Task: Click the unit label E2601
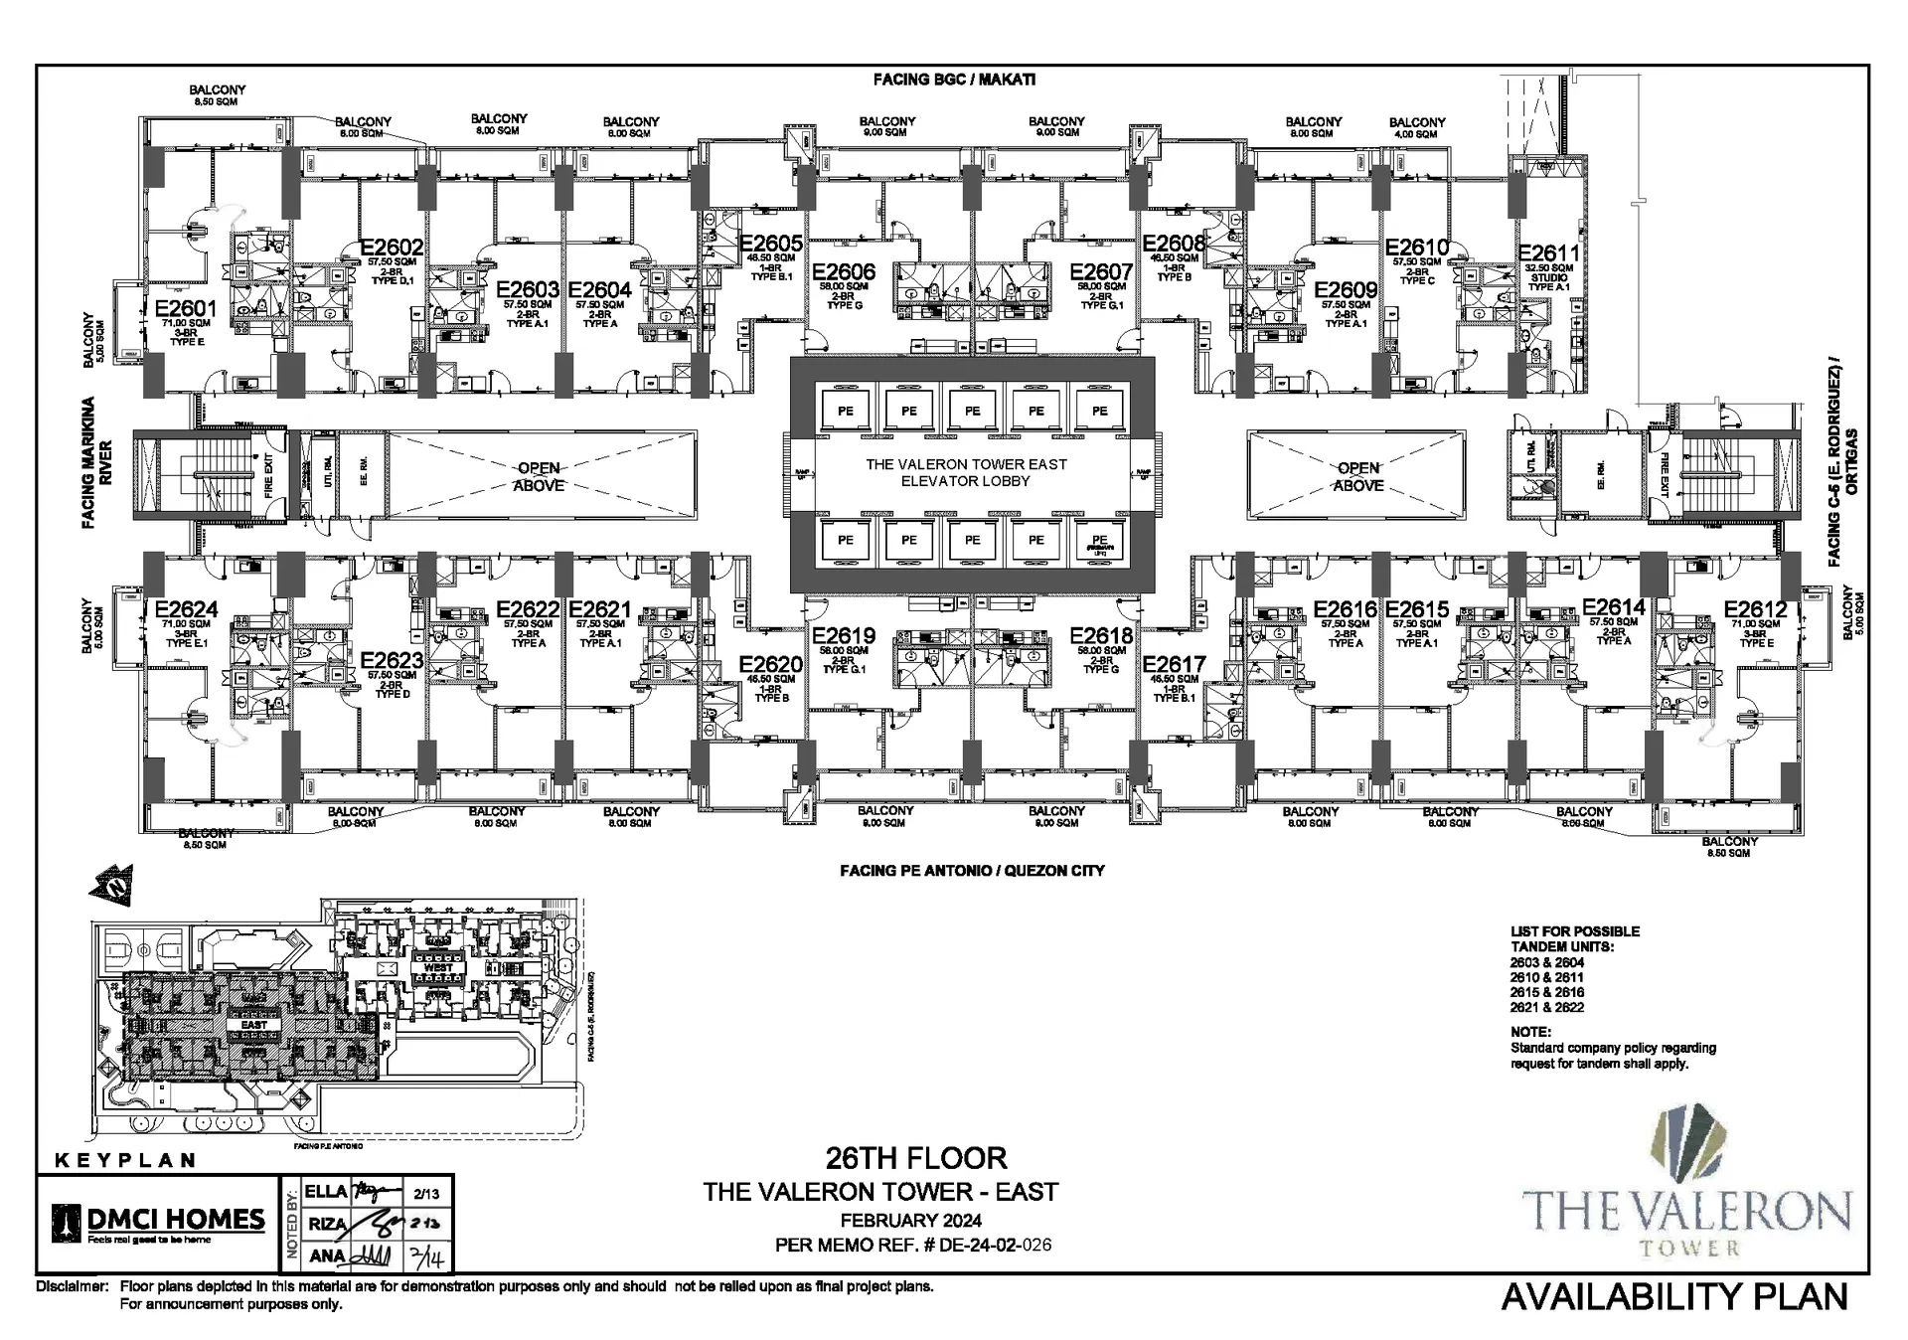pyautogui.click(x=185, y=308)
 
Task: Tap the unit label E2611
pyautogui.click(x=1548, y=253)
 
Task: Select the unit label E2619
pyautogui.click(x=844, y=636)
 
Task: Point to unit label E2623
pyautogui.click(x=392, y=660)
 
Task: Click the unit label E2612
pyautogui.click(x=1755, y=609)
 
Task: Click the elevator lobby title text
pyautogui.click(x=966, y=472)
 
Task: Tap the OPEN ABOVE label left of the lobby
pyautogui.click(x=539, y=476)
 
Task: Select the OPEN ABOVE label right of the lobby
pyautogui.click(x=1357, y=476)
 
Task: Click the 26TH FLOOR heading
pyautogui.click(x=915, y=1158)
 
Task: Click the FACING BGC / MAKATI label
pyautogui.click(x=954, y=80)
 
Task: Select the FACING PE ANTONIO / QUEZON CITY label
pyautogui.click(x=971, y=871)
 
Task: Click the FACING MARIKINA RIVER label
pyautogui.click(x=96, y=462)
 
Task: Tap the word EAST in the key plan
pyautogui.click(x=253, y=1024)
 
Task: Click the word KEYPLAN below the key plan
pyautogui.click(x=124, y=1160)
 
